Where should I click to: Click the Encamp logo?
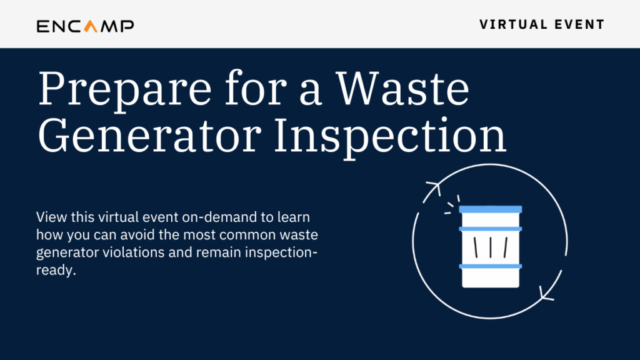pyautogui.click(x=85, y=26)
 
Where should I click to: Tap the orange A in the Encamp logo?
pyautogui.click(x=91, y=26)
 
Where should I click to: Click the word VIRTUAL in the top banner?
pyautogui.click(x=507, y=24)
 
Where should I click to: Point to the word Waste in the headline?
pyautogui.click(x=402, y=88)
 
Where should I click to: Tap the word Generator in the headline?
pyautogui.click(x=149, y=135)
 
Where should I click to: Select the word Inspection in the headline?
pyautogui.click(x=390, y=136)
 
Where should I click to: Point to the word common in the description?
pyautogui.click(x=242, y=235)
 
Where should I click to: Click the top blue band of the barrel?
pyautogui.click(x=490, y=209)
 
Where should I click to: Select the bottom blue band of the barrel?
pyautogui.click(x=490, y=266)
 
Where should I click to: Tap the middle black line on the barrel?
pyautogui.click(x=490, y=247)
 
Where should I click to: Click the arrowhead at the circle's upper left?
pyautogui.click(x=434, y=187)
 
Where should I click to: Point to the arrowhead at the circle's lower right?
pyautogui.click(x=546, y=294)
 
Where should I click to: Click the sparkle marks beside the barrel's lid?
pyautogui.click(x=452, y=204)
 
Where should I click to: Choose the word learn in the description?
pyautogui.click(x=294, y=217)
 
